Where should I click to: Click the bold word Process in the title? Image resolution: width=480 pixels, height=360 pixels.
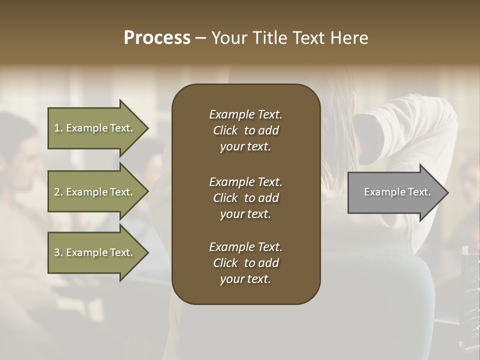(x=157, y=38)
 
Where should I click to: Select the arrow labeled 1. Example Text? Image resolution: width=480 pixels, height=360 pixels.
(x=95, y=128)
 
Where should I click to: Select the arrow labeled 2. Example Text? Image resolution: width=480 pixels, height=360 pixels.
(x=95, y=192)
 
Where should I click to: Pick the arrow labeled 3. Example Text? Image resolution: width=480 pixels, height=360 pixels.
(x=95, y=252)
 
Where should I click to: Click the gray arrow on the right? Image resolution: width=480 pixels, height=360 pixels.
(x=395, y=192)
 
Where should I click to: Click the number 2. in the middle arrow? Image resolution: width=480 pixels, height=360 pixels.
(x=58, y=192)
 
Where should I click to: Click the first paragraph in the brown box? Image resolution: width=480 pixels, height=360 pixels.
(x=245, y=130)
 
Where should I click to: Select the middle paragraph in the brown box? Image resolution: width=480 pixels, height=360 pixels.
(x=245, y=198)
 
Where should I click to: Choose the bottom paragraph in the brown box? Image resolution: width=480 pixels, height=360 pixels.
(x=245, y=263)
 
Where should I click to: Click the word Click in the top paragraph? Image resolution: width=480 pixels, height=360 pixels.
(x=225, y=130)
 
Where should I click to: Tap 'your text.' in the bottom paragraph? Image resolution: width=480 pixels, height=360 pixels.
(x=245, y=279)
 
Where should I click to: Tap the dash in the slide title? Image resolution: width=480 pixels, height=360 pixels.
(x=200, y=38)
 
